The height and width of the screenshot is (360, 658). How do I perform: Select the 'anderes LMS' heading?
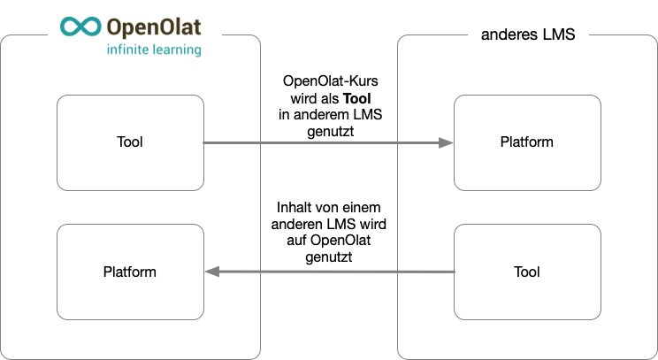coord(528,36)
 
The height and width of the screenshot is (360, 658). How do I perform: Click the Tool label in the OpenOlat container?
coord(129,142)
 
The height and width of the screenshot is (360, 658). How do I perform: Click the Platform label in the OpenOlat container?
coord(129,272)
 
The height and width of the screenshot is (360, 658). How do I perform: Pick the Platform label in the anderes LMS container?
coord(527,142)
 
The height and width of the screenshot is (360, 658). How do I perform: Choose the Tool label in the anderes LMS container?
coord(527,272)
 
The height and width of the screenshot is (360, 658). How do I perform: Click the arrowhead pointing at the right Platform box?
coord(445,142)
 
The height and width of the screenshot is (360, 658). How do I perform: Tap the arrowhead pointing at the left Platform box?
coord(212,272)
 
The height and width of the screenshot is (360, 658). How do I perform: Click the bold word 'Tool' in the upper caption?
coord(356,97)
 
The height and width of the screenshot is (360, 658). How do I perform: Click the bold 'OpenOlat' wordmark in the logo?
coord(152,26)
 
